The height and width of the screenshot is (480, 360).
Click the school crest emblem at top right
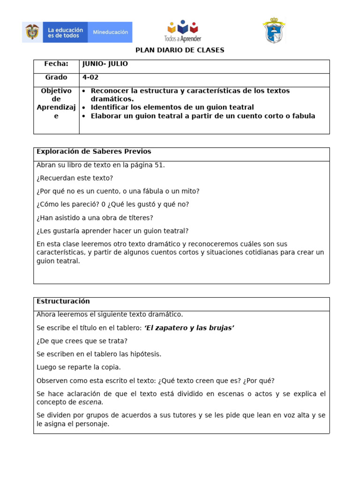point(273,31)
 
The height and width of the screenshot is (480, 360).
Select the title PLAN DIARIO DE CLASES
point(180,50)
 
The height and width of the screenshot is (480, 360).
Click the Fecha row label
point(56,64)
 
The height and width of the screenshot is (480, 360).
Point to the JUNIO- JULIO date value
point(105,64)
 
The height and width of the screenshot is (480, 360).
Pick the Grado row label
point(56,77)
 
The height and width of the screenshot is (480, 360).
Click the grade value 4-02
point(90,77)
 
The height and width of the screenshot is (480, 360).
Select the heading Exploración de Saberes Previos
point(94,152)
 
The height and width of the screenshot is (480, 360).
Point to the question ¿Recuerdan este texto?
point(75,178)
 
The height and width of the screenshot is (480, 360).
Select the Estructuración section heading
point(63,301)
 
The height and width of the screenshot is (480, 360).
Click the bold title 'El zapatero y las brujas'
point(189,328)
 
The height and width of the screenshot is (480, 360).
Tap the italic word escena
point(90,402)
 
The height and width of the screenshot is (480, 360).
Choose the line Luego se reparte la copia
point(78,367)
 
